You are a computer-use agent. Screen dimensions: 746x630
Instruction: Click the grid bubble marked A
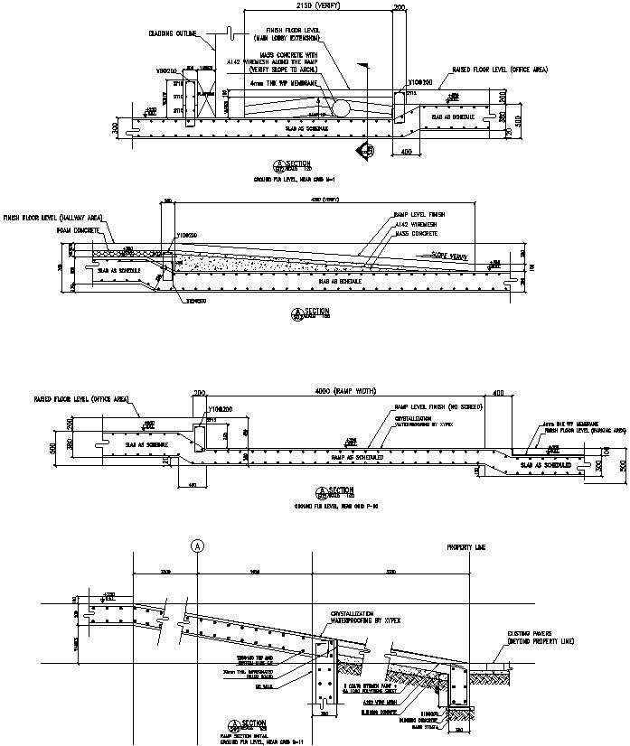tap(196, 546)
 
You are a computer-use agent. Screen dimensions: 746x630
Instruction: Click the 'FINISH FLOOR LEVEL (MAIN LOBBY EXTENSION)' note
tap(286, 35)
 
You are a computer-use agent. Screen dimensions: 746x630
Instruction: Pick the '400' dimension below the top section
tap(405, 152)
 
